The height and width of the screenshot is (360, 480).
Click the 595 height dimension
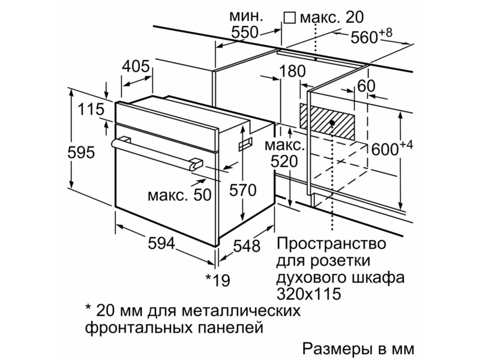pyautogui.click(x=81, y=152)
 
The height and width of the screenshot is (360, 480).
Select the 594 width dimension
pyautogui.click(x=161, y=244)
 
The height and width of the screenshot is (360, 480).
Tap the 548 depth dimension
pyautogui.click(x=247, y=245)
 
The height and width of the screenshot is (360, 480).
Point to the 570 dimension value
pyautogui.click(x=243, y=190)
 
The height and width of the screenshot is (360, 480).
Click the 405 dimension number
pyautogui.click(x=136, y=66)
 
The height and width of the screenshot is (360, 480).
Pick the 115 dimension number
pyautogui.click(x=91, y=109)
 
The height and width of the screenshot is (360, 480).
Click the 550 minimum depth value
pyautogui.click(x=245, y=32)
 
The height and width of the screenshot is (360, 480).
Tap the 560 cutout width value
pyautogui.click(x=364, y=38)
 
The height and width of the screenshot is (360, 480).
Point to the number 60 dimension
pyautogui.click(x=366, y=86)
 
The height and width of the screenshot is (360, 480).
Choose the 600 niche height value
pyautogui.click(x=385, y=149)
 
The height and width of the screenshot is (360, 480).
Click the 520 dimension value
pyautogui.click(x=284, y=161)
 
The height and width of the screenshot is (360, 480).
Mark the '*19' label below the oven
pyautogui.click(x=217, y=280)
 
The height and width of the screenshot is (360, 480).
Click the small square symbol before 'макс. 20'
pyautogui.click(x=289, y=18)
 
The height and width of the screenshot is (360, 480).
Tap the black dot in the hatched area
pyautogui.click(x=332, y=122)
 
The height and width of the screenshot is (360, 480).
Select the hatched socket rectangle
pyautogui.click(x=327, y=122)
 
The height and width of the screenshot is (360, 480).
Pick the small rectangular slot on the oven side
pyautogui.click(x=246, y=143)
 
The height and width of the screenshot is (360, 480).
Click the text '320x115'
pyautogui.click(x=309, y=293)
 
